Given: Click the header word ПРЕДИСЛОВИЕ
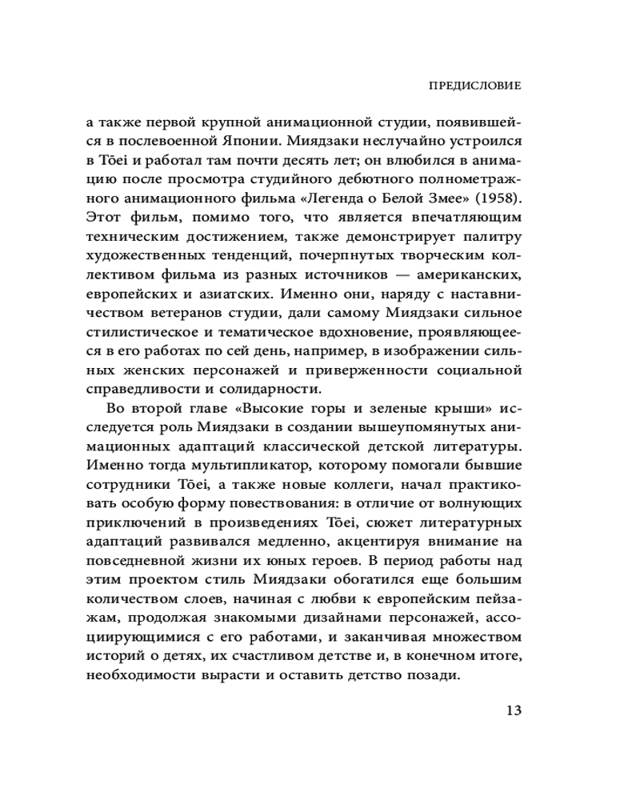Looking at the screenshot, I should pos(476,84).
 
